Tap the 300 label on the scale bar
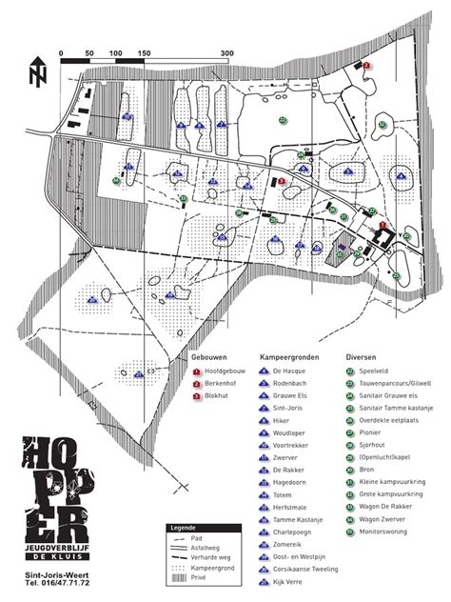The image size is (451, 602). pyautogui.click(x=226, y=53)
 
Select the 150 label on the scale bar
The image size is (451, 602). pyautogui.click(x=144, y=53)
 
